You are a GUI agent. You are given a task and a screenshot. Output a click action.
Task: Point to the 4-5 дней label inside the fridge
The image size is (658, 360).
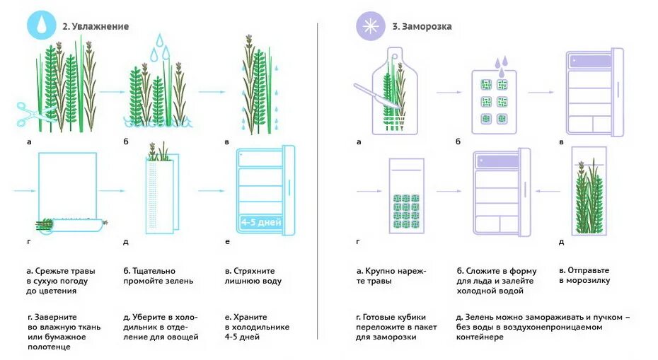click(x=260, y=222)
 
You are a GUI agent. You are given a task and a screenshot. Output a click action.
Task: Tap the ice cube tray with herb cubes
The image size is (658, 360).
click(x=494, y=100)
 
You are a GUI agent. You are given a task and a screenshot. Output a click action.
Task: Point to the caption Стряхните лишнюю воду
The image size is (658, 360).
click(x=253, y=276)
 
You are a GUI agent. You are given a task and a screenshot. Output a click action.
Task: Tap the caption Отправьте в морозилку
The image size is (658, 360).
click(x=584, y=275)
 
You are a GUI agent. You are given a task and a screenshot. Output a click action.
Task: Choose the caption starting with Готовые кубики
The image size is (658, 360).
click(x=396, y=327)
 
